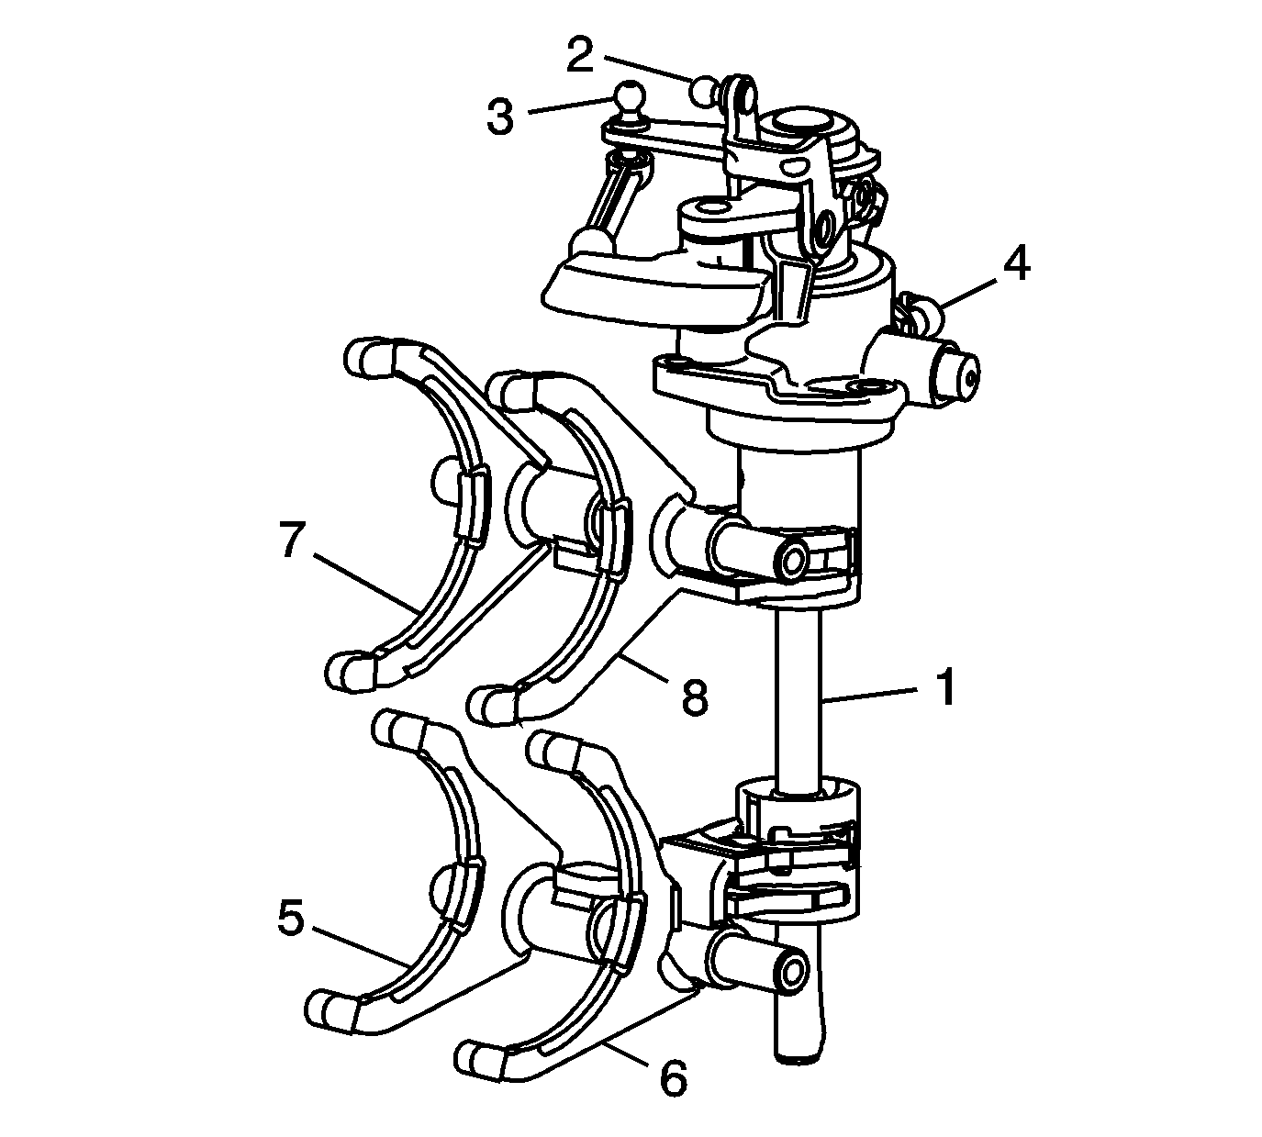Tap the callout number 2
pyautogui.click(x=579, y=55)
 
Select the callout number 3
pyautogui.click(x=499, y=117)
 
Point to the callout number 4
pyautogui.click(x=1015, y=262)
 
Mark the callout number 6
pyautogui.click(x=672, y=1079)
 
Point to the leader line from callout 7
pyautogui.click(x=367, y=582)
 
